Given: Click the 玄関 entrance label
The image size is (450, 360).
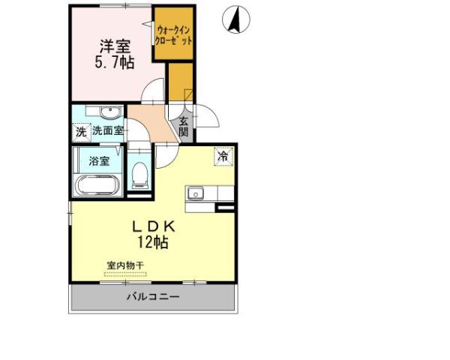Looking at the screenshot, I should click(184, 125).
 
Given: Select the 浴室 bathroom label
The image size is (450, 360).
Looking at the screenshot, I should click(99, 161).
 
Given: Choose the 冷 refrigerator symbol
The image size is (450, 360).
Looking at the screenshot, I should click(223, 157).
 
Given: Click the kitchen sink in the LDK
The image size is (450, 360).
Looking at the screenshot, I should click(196, 193).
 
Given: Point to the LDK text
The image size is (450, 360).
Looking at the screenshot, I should click(154, 226).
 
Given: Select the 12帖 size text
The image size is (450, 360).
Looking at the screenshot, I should click(152, 242).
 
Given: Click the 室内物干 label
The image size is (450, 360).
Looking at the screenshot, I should click(125, 265).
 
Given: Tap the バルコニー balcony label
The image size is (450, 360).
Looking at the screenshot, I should click(152, 298).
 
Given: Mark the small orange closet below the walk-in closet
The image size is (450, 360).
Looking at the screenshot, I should click(180, 83).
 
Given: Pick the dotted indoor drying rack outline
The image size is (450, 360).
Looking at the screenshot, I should click(125, 274).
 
